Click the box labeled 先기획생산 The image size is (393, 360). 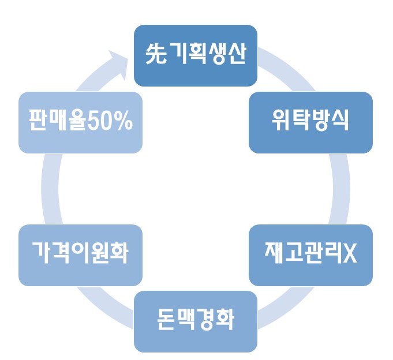195,55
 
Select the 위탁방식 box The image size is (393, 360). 310,122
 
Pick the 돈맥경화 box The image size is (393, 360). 195,321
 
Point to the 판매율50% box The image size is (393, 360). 80,122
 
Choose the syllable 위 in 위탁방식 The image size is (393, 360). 281,122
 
